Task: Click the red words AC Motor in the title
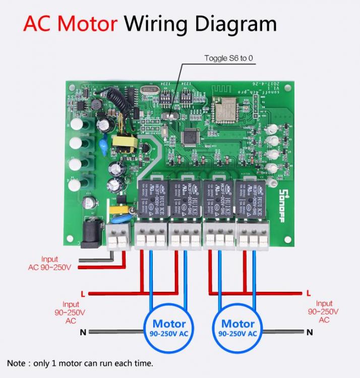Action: [70, 23]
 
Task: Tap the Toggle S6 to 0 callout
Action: [228, 58]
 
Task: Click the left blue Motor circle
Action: [169, 328]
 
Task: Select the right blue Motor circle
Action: [238, 328]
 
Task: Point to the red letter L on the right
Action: [309, 293]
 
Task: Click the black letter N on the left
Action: [83, 332]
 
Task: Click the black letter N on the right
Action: [310, 332]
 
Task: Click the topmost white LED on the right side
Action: [272, 128]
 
